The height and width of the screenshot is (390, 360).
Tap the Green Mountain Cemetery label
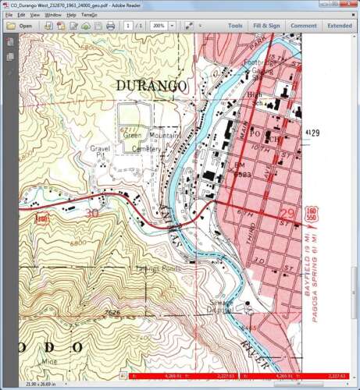(x=148, y=140)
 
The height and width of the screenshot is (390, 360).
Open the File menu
(x=9, y=15)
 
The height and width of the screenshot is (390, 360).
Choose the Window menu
(x=53, y=15)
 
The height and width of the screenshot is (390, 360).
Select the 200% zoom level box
(x=160, y=26)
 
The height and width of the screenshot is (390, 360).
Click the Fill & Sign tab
(x=266, y=26)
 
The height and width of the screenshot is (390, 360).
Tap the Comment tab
(x=304, y=26)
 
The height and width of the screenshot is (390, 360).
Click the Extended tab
(x=340, y=26)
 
